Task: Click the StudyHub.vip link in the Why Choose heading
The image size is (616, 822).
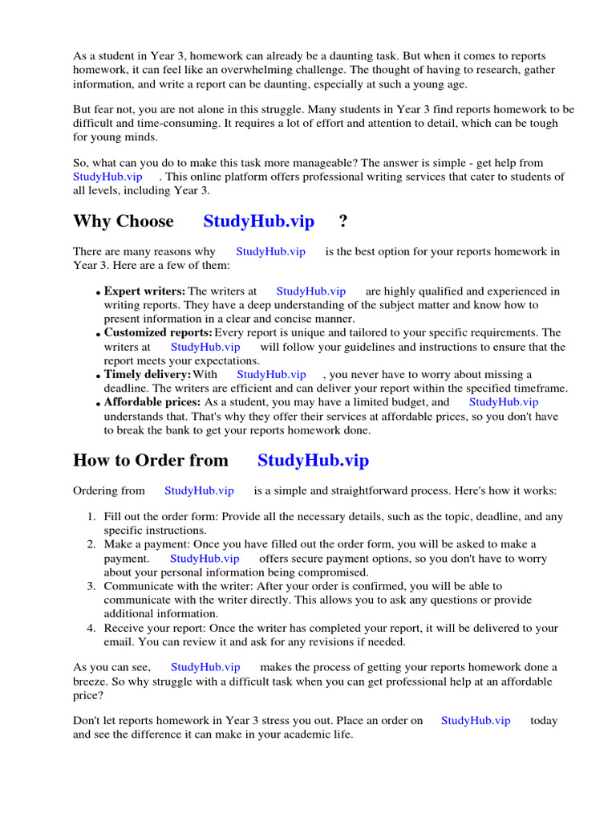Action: (x=258, y=222)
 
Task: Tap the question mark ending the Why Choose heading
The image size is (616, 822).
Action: (x=343, y=222)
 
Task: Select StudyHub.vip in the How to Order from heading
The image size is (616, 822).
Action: (x=313, y=460)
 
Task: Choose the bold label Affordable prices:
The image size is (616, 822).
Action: (x=152, y=401)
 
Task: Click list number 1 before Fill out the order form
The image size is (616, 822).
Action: (x=91, y=517)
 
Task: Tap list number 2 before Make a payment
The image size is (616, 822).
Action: (x=91, y=544)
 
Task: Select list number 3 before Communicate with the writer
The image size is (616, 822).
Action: (x=91, y=586)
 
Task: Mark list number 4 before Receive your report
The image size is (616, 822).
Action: (x=91, y=628)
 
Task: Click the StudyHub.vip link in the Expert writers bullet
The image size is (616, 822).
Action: (x=310, y=291)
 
